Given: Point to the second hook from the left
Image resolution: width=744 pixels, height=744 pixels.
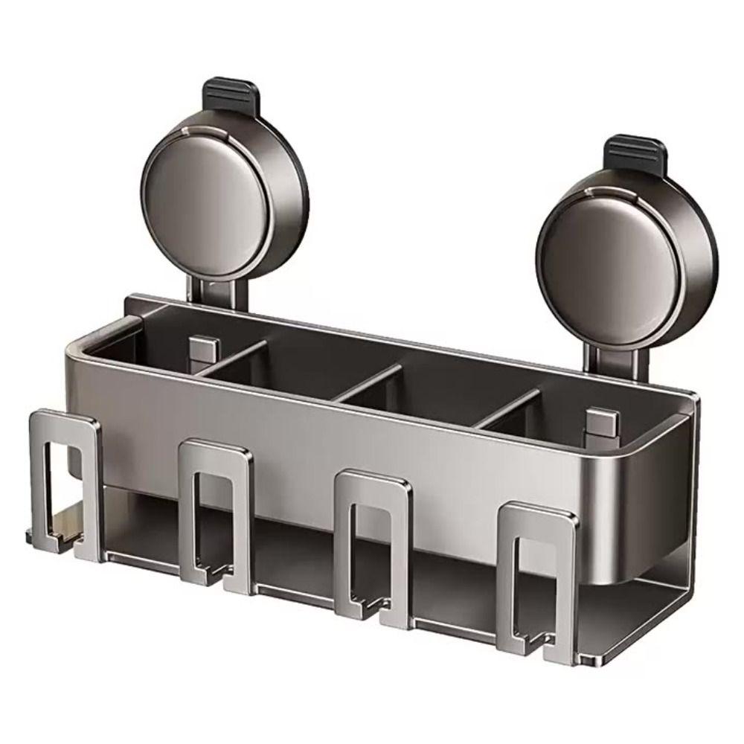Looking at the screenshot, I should coord(217,513).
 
